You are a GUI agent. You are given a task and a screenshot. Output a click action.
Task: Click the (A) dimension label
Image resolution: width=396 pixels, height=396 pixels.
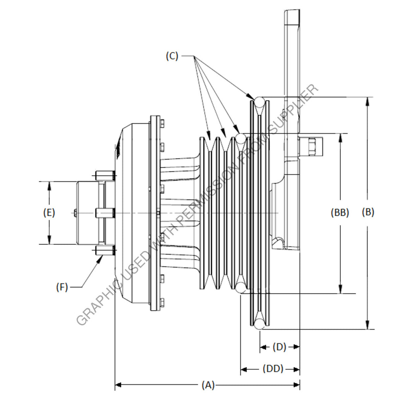coord(208,385)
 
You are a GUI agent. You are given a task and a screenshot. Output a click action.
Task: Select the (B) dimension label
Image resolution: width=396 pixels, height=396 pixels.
coord(368,212)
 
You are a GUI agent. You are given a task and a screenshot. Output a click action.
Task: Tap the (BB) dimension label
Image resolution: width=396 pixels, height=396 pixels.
coord(340,212)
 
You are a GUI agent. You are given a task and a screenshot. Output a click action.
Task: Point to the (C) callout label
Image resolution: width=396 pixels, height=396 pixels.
coord(172,56)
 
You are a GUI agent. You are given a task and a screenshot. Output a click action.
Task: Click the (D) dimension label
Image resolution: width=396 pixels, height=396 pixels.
coord(279,347)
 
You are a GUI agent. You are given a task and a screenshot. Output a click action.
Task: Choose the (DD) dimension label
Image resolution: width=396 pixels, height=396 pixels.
coord(273,369)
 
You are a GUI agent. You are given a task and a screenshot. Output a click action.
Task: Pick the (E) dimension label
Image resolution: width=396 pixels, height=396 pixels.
coord(49,212)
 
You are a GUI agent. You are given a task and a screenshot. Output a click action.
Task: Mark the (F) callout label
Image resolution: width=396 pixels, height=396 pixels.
coord(62,287)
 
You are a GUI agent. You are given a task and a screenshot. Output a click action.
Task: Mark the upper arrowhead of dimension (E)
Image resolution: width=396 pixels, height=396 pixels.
coord(49,186)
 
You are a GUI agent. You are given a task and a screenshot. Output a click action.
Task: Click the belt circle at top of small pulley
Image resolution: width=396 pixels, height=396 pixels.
coord(241,138)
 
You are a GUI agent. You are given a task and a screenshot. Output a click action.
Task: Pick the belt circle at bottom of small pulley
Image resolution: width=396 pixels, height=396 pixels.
coord(241,287)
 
